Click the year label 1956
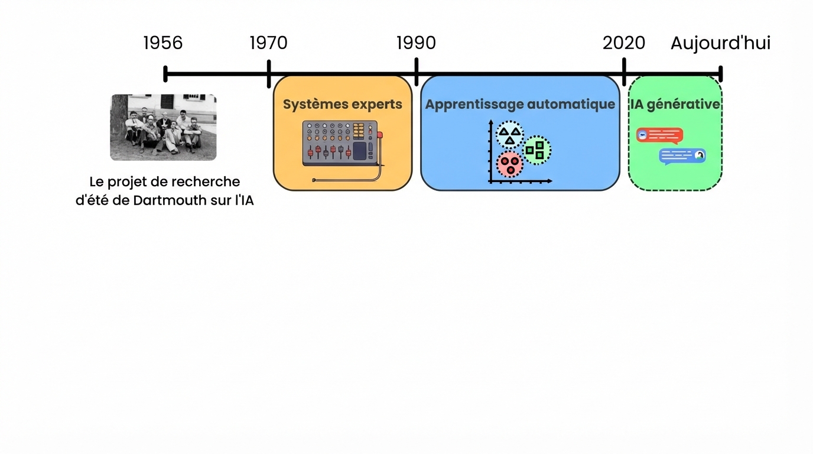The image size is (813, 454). [x=163, y=43]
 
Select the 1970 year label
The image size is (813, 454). [x=268, y=43]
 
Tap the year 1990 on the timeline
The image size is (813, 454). [x=416, y=43]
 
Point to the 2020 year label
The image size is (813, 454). [x=624, y=43]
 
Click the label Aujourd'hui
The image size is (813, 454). [x=720, y=43]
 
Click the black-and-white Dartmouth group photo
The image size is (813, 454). [x=163, y=127]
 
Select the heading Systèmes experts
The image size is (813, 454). [x=342, y=105]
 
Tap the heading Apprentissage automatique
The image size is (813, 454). [x=520, y=105]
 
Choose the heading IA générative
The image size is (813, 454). [x=675, y=105]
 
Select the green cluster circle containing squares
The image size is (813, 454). [x=536, y=150]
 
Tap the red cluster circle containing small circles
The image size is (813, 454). [x=510, y=164]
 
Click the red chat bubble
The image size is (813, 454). [x=659, y=135]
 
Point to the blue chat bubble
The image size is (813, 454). [x=682, y=155]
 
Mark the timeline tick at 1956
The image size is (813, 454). [x=165, y=74]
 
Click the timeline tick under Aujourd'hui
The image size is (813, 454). [x=721, y=74]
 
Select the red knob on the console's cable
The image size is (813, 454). [x=380, y=135]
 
